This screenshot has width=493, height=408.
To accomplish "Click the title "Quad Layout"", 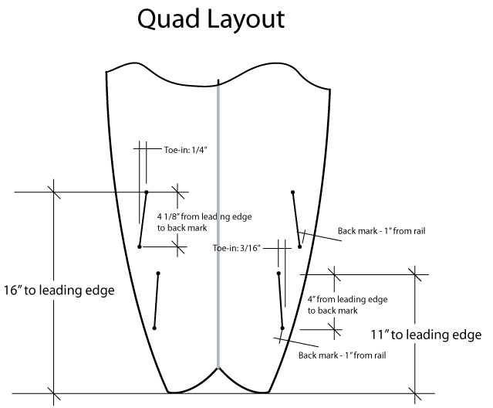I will pyautogui.click(x=211, y=19).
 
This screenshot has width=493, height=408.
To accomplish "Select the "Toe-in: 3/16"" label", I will pyautogui.click(x=237, y=248).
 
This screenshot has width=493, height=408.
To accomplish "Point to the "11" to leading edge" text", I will pyautogui.click(x=426, y=335).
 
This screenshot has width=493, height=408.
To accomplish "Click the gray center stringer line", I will pyautogui.click(x=219, y=232).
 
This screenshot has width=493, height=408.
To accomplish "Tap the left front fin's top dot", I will pyautogui.click(x=147, y=192).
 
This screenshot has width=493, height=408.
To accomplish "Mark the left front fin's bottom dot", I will pyautogui.click(x=140, y=246).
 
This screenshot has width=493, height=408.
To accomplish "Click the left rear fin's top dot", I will pyautogui.click(x=158, y=273).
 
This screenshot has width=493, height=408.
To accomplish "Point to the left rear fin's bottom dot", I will pyautogui.click(x=155, y=328).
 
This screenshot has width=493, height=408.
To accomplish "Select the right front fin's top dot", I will pyautogui.click(x=292, y=192).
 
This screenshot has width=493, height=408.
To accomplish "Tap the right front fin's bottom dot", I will pyautogui.click(x=299, y=246).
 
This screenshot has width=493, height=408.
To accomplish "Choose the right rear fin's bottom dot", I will pyautogui.click(x=282, y=328).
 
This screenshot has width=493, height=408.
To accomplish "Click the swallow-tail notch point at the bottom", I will pyautogui.click(x=219, y=368).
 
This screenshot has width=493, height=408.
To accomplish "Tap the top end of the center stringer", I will pyautogui.click(x=219, y=80).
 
